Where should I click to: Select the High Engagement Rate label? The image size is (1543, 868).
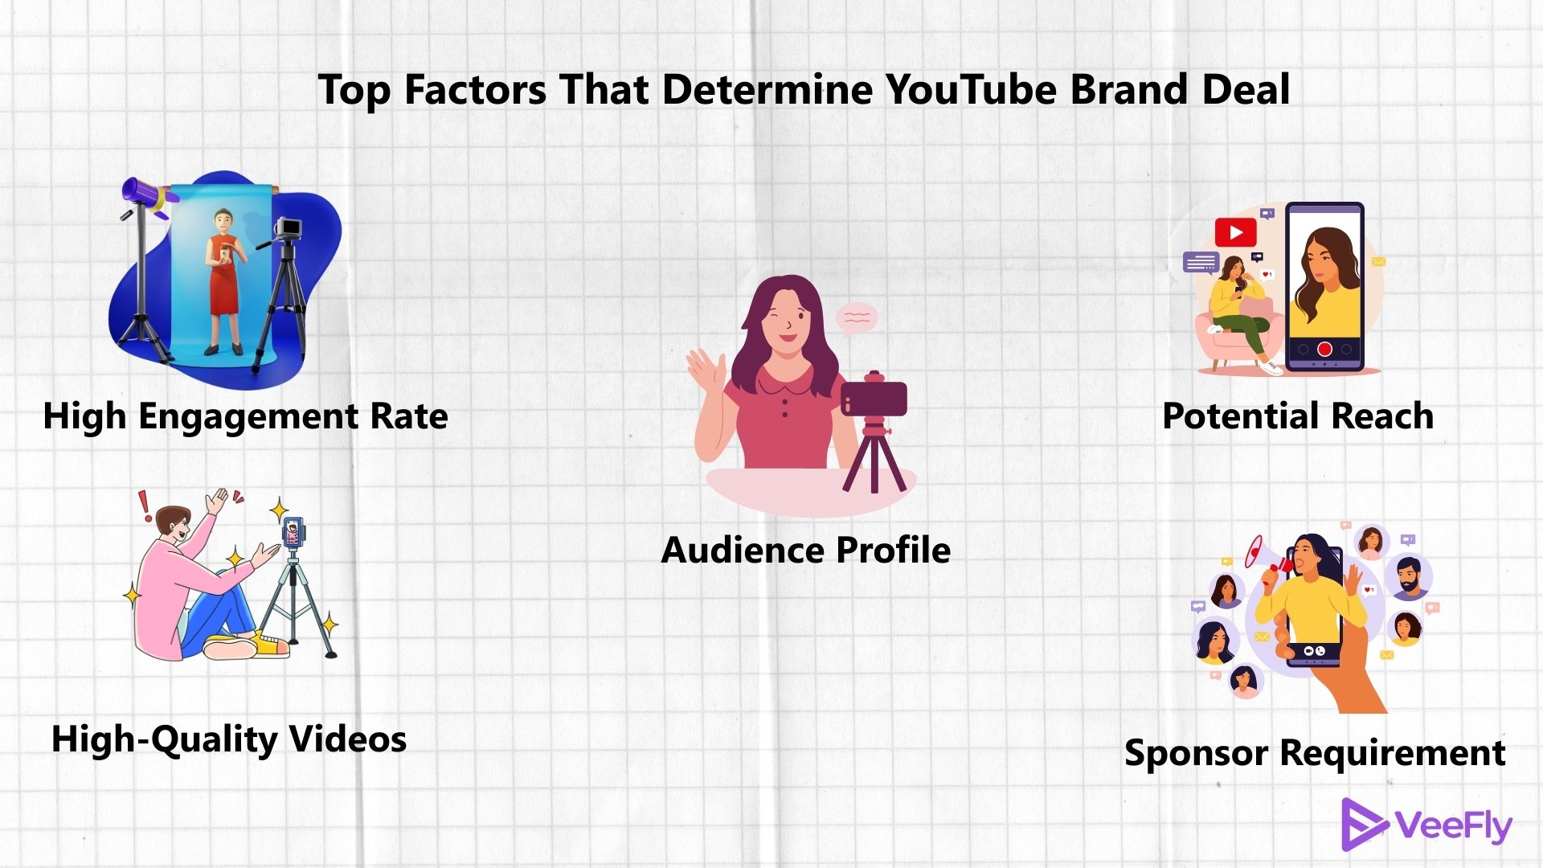point(245,416)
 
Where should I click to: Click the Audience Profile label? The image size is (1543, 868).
point(805,551)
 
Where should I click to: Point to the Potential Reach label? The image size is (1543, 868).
point(1297,416)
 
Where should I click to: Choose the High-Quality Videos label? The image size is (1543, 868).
point(229,739)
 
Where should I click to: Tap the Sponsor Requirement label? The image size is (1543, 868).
point(1314,753)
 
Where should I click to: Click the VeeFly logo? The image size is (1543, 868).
point(1426,825)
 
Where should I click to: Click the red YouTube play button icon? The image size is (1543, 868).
point(1235,233)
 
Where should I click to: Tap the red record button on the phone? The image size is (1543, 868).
point(1324,349)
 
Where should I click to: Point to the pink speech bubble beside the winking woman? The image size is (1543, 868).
point(857,318)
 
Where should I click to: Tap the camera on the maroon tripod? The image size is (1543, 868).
point(874,397)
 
